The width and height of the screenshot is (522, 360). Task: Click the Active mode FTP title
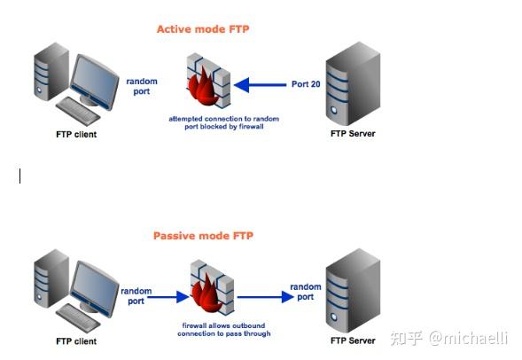click(x=203, y=29)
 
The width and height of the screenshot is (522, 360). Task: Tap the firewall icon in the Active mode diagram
click(x=208, y=84)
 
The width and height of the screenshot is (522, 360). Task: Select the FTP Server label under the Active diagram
click(x=353, y=134)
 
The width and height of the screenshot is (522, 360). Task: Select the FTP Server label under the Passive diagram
click(x=353, y=340)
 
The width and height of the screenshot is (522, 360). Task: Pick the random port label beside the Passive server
click(x=307, y=292)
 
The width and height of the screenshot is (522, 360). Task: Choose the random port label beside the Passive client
click(x=136, y=296)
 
